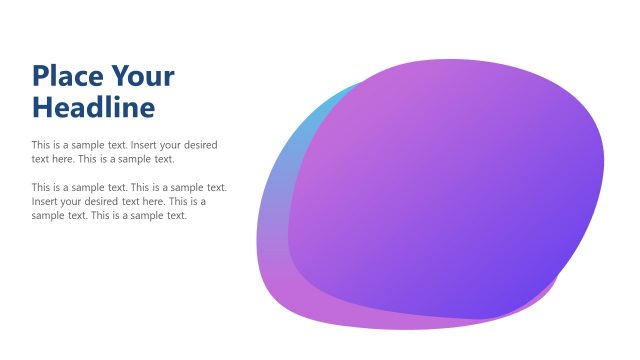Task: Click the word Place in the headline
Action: coord(67,76)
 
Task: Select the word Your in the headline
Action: coord(143,76)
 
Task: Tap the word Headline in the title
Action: coord(94,106)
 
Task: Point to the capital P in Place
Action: coord(41,76)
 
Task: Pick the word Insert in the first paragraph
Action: coord(146,145)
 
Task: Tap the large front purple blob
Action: coord(450,190)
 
